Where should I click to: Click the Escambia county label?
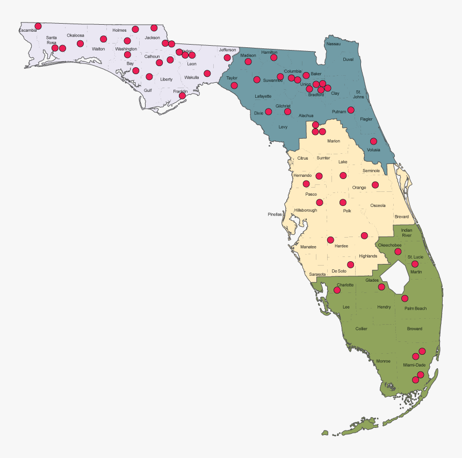[x=28, y=31]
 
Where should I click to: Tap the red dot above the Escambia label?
[x=38, y=26]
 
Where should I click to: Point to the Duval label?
[x=348, y=60]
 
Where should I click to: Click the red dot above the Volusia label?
[x=373, y=141]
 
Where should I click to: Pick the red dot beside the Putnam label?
[x=351, y=110]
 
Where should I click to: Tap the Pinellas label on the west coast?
[x=275, y=214]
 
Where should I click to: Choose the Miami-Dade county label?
[x=414, y=365]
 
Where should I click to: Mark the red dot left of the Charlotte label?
[x=337, y=290]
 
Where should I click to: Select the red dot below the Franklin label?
[x=182, y=96]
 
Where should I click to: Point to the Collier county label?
[x=362, y=328]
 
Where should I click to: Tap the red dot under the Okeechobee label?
[x=398, y=251]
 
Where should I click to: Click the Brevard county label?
[x=401, y=217]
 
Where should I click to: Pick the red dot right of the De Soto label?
[x=351, y=264]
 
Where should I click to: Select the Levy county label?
[x=283, y=127]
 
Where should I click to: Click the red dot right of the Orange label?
[x=375, y=185]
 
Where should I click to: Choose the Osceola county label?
[x=378, y=205]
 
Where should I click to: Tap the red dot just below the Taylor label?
[x=234, y=85]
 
